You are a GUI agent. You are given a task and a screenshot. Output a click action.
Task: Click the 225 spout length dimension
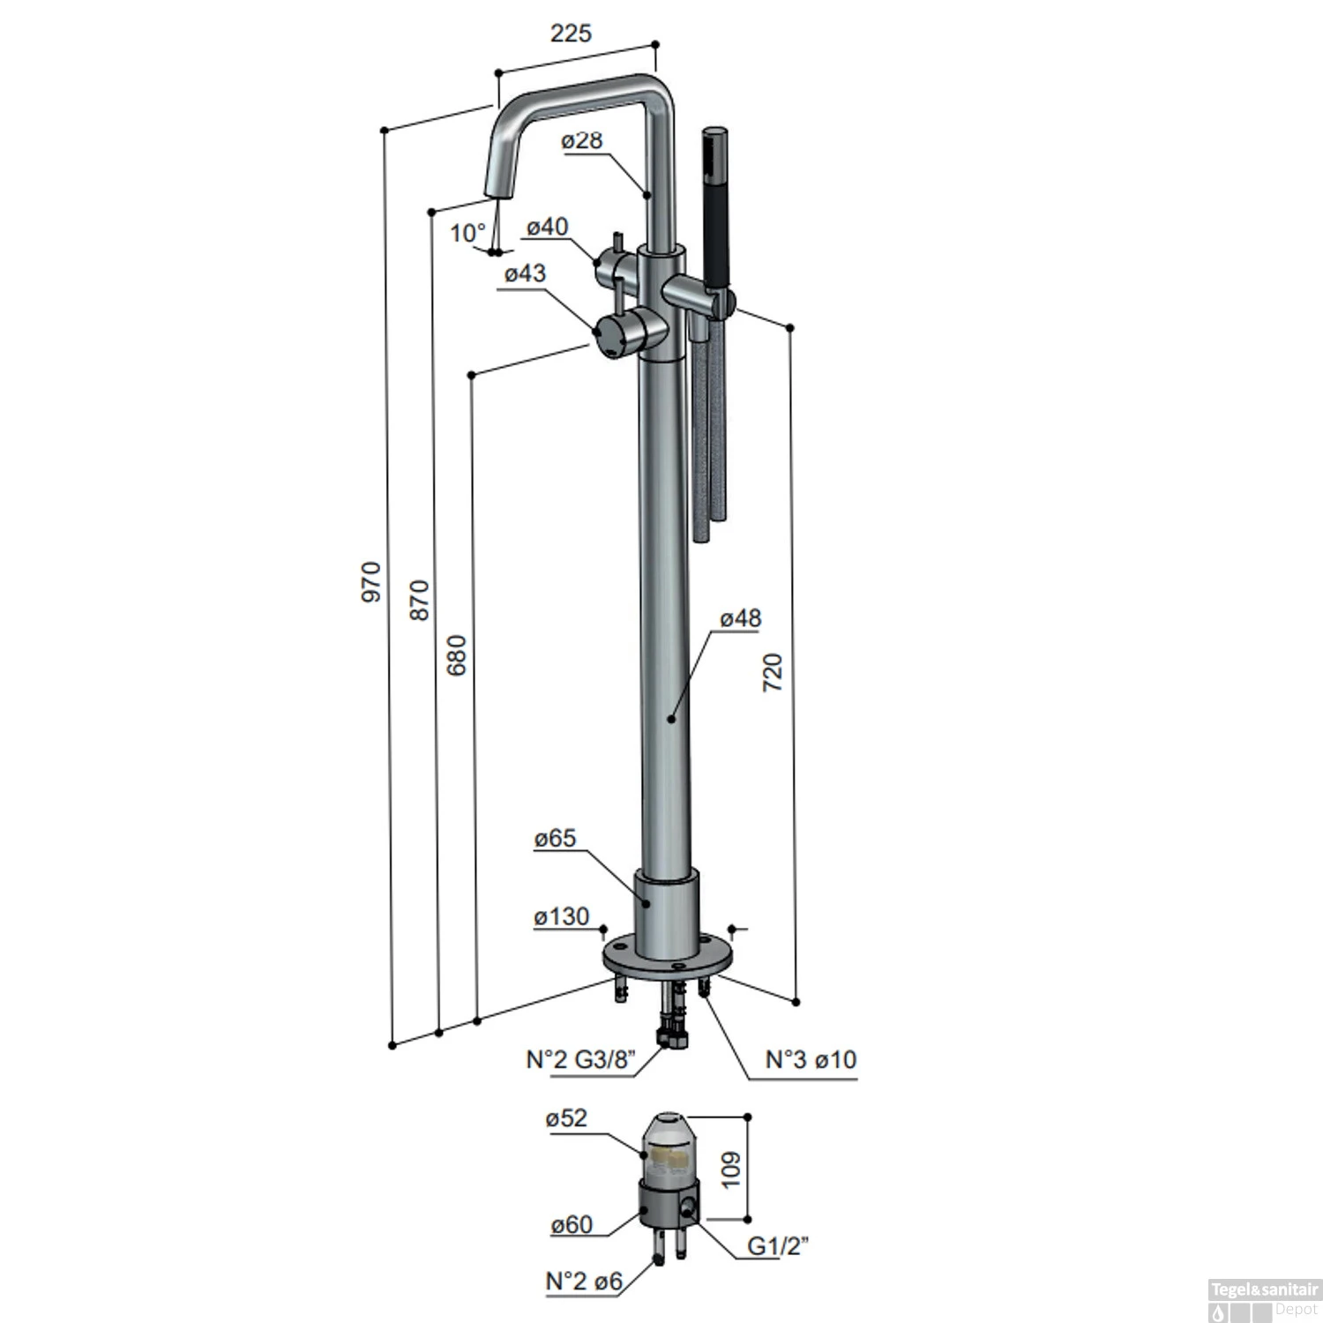pos(571,34)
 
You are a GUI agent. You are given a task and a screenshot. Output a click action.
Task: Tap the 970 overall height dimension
pos(371,581)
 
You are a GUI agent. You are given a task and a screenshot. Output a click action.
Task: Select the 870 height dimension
pos(420,600)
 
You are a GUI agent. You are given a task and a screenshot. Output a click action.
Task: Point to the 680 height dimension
pos(457,654)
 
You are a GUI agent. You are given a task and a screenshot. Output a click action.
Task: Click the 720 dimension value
pos(772,672)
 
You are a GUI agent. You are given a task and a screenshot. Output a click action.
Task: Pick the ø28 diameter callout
pos(581,140)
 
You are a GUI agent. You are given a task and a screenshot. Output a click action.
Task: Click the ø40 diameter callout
pos(548,227)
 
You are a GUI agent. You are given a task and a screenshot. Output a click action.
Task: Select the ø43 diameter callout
pos(525,273)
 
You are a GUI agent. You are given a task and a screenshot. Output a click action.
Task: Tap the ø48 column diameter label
pos(740,618)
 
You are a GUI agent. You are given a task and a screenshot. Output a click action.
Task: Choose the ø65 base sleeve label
pos(555,838)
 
